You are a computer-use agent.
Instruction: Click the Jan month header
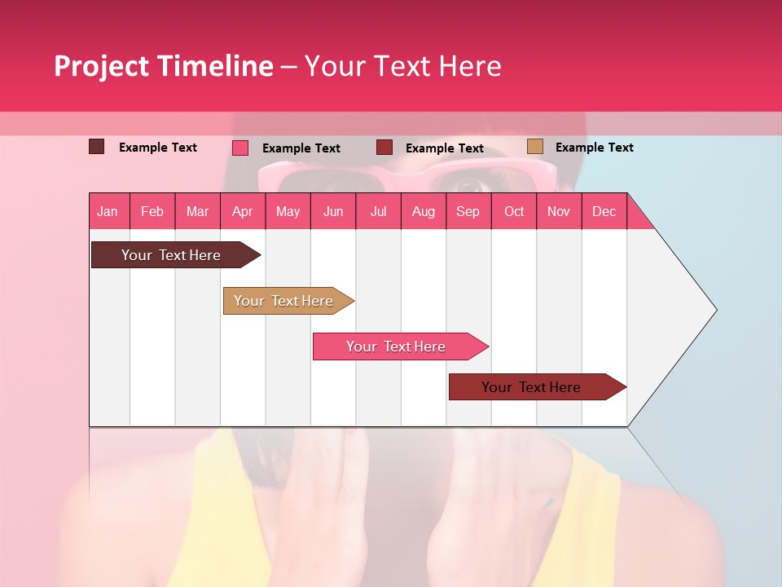coord(108,212)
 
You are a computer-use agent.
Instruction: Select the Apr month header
coord(242,212)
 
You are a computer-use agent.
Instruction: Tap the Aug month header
coord(423,212)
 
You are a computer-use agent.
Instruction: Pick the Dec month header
coord(604,212)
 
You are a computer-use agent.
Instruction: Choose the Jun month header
coord(332,212)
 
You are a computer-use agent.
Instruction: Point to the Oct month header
coord(513,212)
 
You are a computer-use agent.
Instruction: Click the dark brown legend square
coord(96,147)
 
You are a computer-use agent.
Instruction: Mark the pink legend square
coord(239,148)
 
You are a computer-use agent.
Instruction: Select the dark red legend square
coord(384,148)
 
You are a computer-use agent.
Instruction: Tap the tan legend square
coord(534,147)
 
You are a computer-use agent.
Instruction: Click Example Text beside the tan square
coord(594,148)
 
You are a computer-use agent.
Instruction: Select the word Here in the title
coord(470,66)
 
